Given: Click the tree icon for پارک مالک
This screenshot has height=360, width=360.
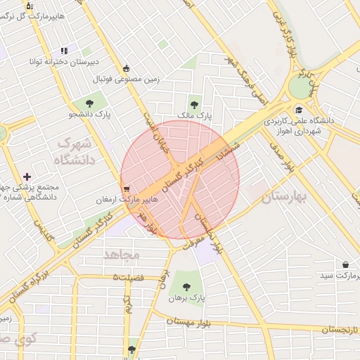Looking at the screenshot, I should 194,105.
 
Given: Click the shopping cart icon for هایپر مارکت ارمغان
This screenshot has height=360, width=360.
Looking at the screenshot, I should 126,188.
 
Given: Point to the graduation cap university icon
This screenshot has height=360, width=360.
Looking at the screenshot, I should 300,110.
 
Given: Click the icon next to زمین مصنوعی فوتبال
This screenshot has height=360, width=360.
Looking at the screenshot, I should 126,69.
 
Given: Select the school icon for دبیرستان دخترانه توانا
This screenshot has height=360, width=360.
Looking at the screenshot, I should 64,51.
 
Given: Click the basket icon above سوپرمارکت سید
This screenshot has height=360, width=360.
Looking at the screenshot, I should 345,264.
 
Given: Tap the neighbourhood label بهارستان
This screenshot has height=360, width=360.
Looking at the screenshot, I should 285,197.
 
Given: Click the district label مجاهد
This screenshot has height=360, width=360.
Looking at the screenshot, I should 122,254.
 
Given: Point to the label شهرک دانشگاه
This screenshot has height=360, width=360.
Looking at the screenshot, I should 74,150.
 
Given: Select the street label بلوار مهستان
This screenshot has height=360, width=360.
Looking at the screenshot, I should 192,321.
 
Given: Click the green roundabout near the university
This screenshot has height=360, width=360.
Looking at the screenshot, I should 300,86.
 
